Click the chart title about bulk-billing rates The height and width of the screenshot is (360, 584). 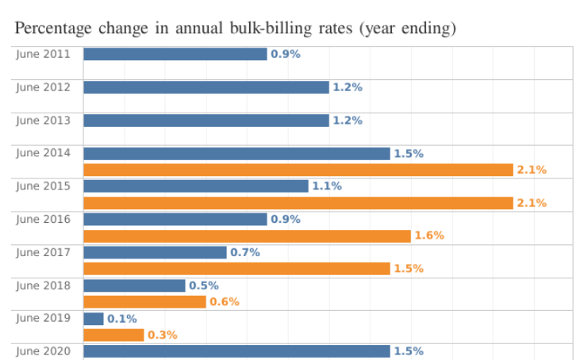click(x=236, y=29)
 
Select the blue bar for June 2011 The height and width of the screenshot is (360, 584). click(x=175, y=54)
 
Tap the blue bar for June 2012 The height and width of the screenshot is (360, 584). click(x=206, y=87)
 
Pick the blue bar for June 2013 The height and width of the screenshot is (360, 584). click(x=206, y=121)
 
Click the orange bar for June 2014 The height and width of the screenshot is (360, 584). click(x=298, y=170)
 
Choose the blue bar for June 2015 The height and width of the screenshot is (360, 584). click(x=195, y=186)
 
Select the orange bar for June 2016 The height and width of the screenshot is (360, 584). click(x=247, y=236)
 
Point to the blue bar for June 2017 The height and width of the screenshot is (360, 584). click(x=155, y=252)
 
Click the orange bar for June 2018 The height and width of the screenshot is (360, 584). click(x=144, y=302)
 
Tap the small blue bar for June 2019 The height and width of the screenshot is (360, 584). click(x=94, y=319)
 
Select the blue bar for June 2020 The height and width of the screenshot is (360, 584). click(x=236, y=351)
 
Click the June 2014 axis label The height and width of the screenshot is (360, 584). click(x=44, y=153)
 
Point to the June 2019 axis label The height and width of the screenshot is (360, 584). click(x=44, y=318)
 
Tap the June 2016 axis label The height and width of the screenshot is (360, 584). click(x=44, y=219)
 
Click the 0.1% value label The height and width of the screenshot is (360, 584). click(x=122, y=319)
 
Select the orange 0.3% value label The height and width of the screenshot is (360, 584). click(x=163, y=335)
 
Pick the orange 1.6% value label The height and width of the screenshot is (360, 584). click(x=429, y=236)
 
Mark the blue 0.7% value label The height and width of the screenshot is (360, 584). click(x=245, y=252)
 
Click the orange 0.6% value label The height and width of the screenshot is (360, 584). click(x=225, y=302)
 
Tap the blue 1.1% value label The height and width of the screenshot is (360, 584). click(x=327, y=186)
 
